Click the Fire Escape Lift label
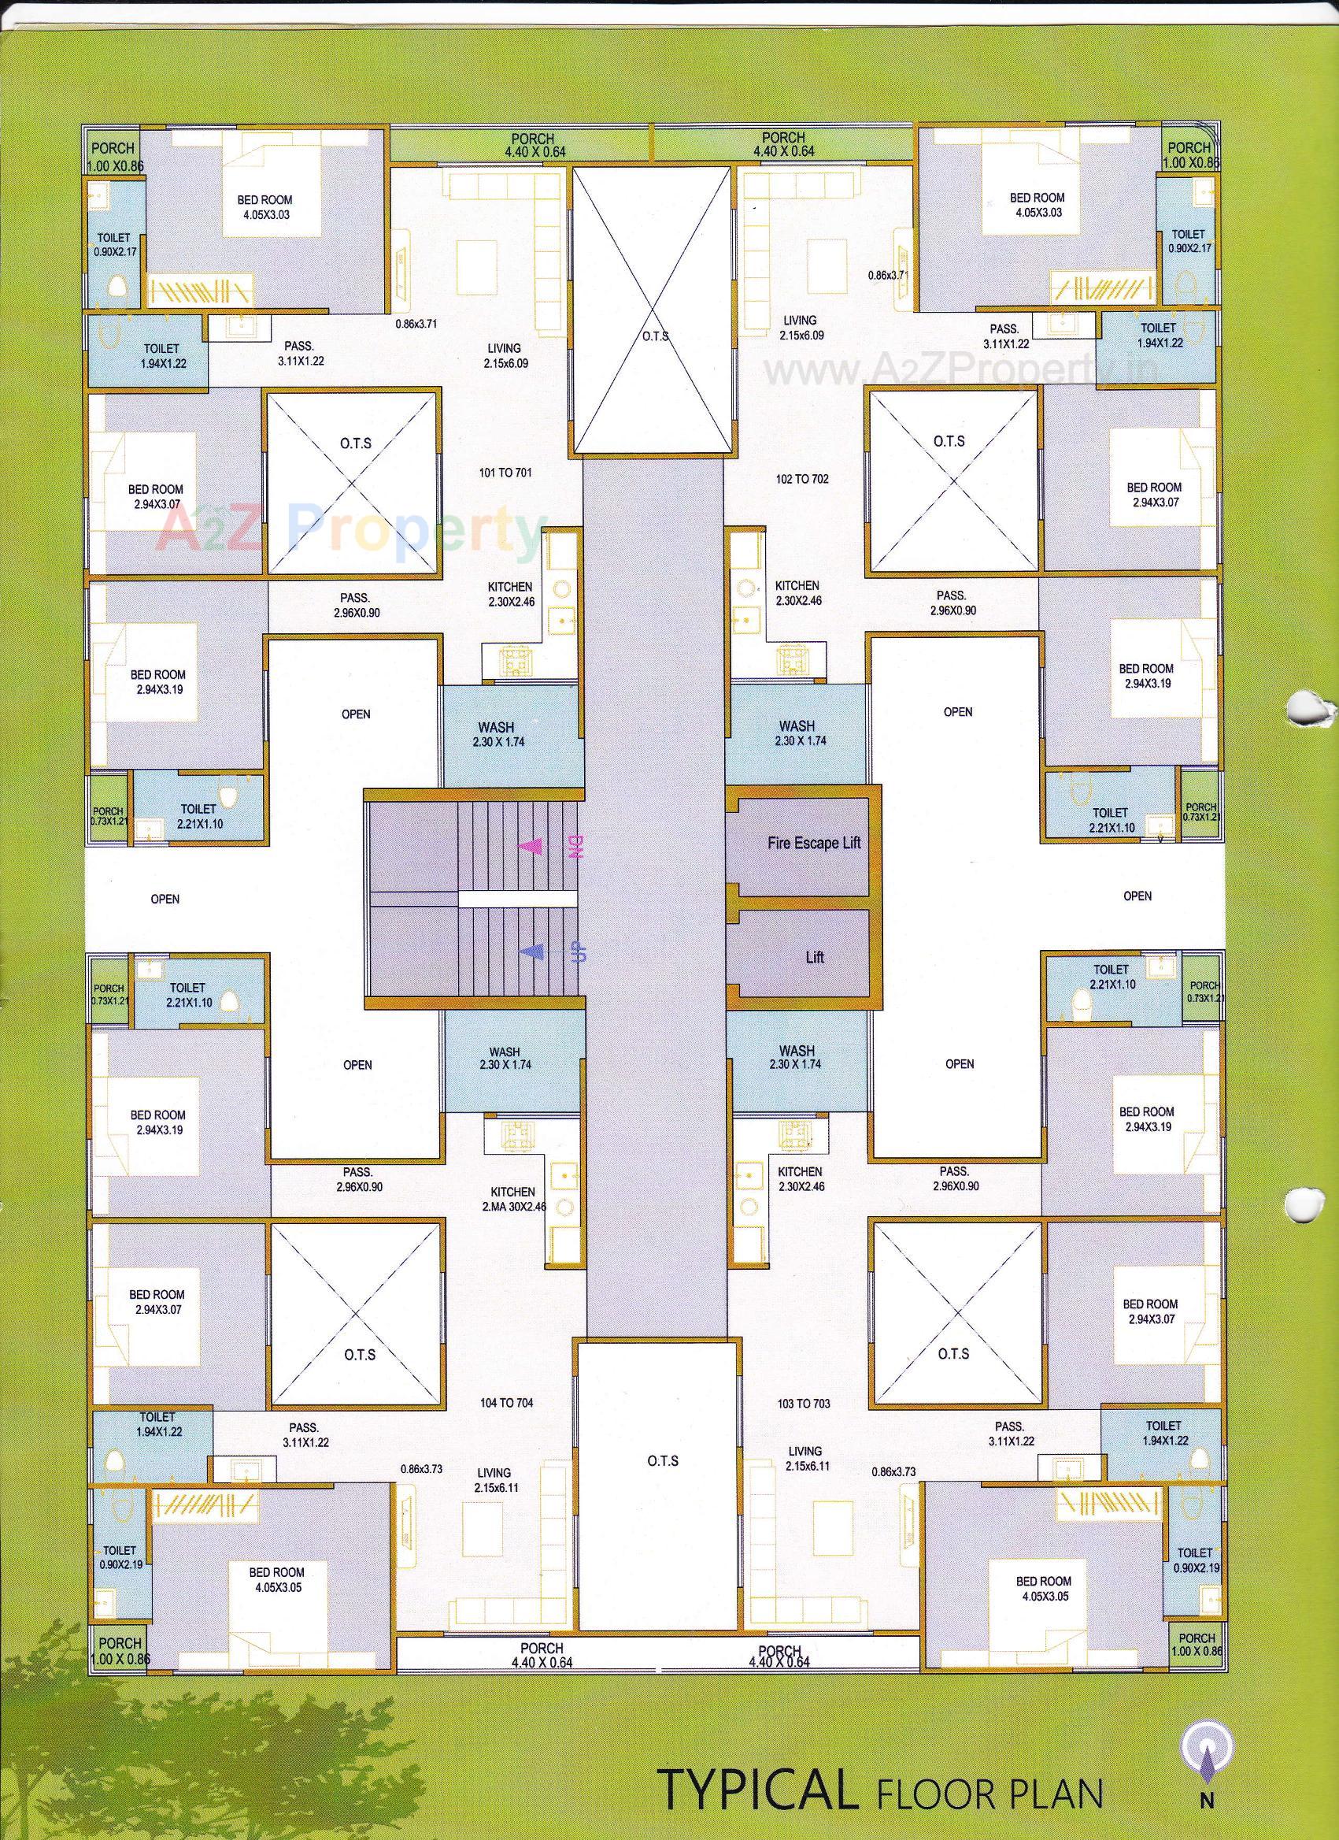click(x=813, y=843)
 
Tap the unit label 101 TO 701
click(x=505, y=472)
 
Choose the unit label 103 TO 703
click(x=802, y=1404)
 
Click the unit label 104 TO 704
click(x=506, y=1403)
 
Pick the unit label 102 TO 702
click(x=802, y=479)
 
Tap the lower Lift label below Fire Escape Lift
click(x=814, y=957)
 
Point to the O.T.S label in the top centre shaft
click(x=654, y=336)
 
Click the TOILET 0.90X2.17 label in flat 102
click(x=1188, y=241)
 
